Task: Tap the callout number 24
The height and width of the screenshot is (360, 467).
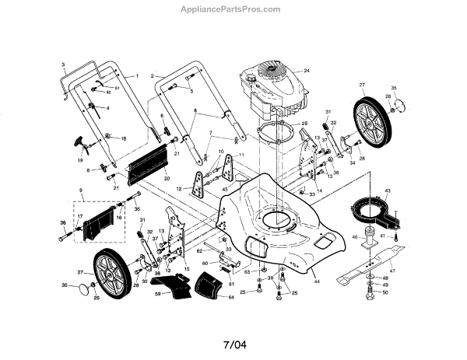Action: click(307, 71)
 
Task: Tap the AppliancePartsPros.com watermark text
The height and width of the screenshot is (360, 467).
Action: click(233, 9)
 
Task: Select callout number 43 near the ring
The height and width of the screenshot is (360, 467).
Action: click(387, 191)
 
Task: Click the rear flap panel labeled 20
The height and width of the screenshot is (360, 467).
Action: click(150, 161)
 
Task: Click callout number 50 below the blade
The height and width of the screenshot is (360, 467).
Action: click(385, 292)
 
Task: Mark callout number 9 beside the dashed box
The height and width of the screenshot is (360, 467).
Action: click(79, 190)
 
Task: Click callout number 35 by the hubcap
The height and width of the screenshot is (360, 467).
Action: click(393, 89)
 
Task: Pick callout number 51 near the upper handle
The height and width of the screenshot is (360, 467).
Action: click(118, 89)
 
